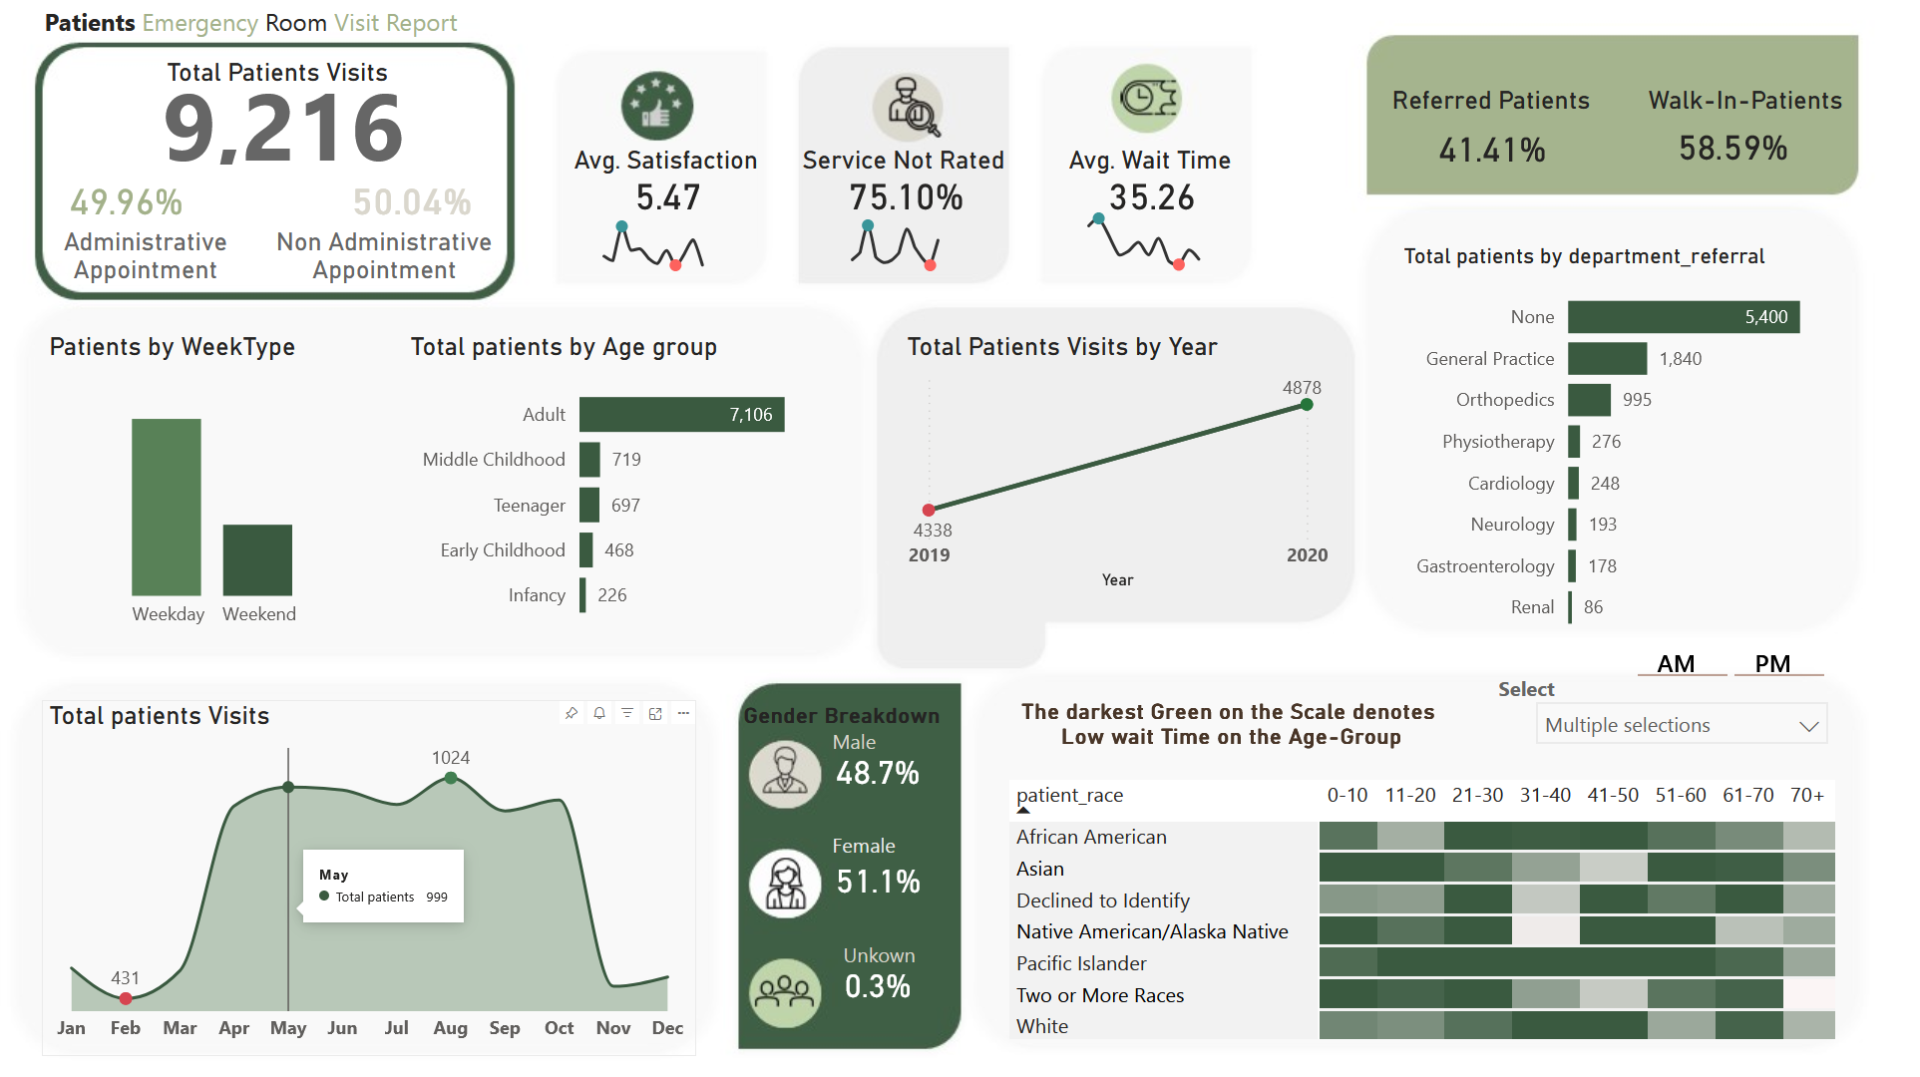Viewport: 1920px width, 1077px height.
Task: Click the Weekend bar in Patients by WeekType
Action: (x=257, y=559)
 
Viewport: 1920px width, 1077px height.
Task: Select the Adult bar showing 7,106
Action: (x=681, y=415)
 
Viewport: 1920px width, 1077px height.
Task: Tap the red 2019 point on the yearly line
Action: (x=929, y=510)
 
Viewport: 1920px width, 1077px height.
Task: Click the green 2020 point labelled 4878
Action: (x=1307, y=405)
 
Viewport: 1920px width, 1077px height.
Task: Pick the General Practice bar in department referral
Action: (x=1607, y=359)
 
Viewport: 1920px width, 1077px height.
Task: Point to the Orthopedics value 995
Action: (x=1637, y=400)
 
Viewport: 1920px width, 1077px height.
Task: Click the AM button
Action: (x=1676, y=664)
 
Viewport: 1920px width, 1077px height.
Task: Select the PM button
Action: (x=1772, y=664)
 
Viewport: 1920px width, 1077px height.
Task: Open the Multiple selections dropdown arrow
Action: (x=1808, y=726)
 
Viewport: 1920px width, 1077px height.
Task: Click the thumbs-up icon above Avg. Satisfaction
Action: (x=656, y=106)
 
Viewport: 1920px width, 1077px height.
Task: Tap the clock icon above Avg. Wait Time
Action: (x=1147, y=99)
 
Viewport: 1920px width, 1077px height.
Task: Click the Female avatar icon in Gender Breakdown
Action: (x=785, y=884)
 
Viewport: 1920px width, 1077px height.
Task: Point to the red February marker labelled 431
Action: (x=126, y=998)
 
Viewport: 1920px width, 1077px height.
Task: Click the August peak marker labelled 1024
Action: (x=451, y=778)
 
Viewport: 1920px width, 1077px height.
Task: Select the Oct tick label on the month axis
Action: (x=559, y=1028)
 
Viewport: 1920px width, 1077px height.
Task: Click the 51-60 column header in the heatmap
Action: (x=1681, y=796)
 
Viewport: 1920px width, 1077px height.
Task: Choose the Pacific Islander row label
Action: (x=1081, y=963)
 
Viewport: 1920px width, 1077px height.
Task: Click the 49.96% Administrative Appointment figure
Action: (x=127, y=203)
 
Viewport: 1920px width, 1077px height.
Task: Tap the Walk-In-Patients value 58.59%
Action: (x=1732, y=149)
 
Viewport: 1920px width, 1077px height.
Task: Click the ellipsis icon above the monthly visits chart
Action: (x=683, y=713)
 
